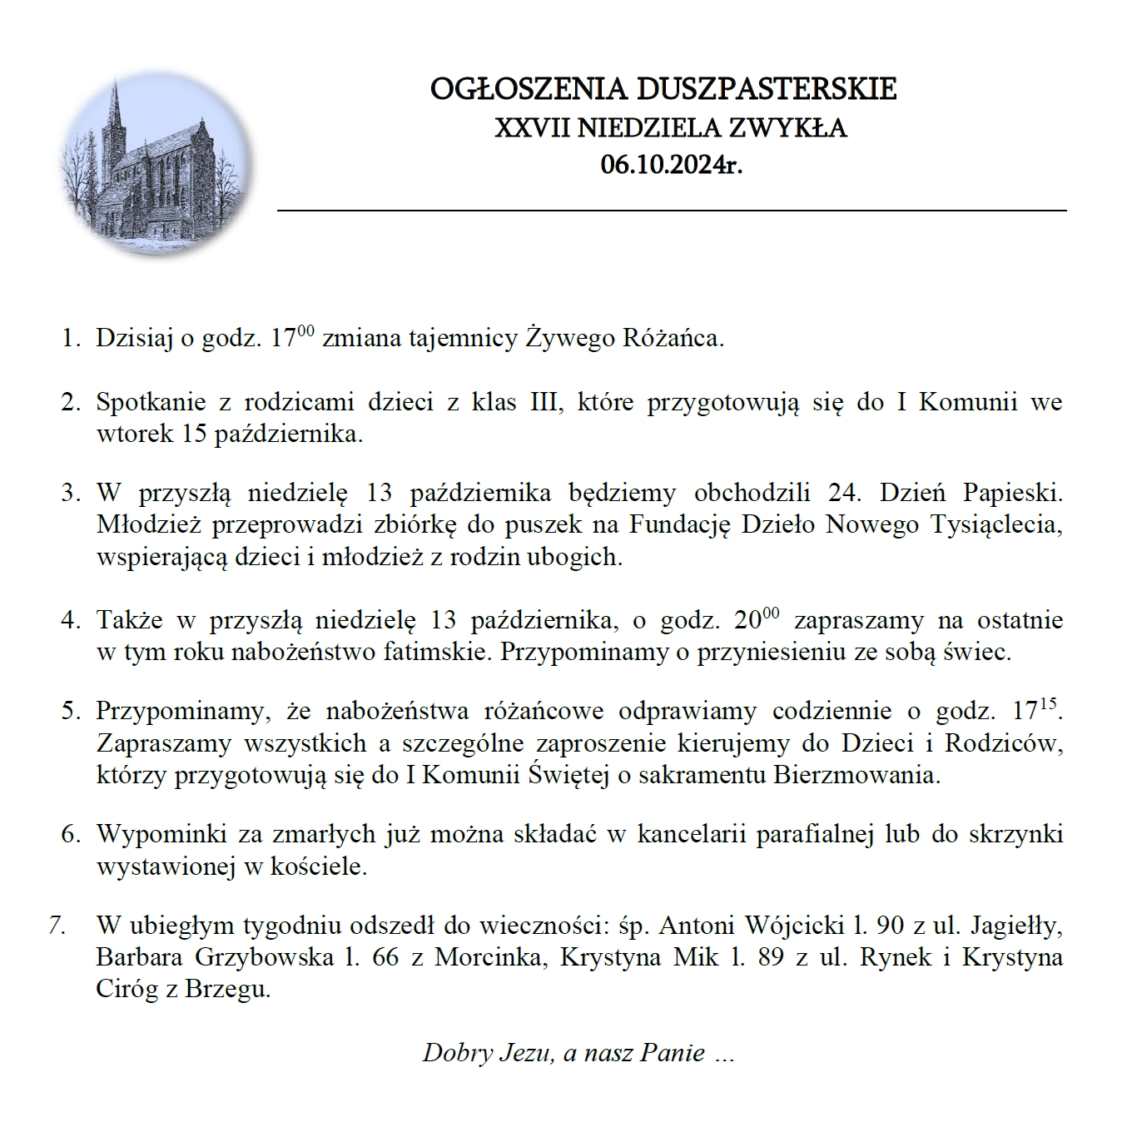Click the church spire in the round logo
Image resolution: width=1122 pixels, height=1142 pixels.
(x=117, y=104)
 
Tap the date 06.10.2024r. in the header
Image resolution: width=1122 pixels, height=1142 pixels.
(x=671, y=165)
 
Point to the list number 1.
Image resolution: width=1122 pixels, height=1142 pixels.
(x=69, y=339)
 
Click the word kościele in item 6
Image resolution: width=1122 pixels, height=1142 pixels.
(x=319, y=866)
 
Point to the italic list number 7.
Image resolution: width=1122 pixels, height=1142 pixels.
(x=57, y=925)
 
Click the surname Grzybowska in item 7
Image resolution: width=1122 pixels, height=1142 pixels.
(x=264, y=957)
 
